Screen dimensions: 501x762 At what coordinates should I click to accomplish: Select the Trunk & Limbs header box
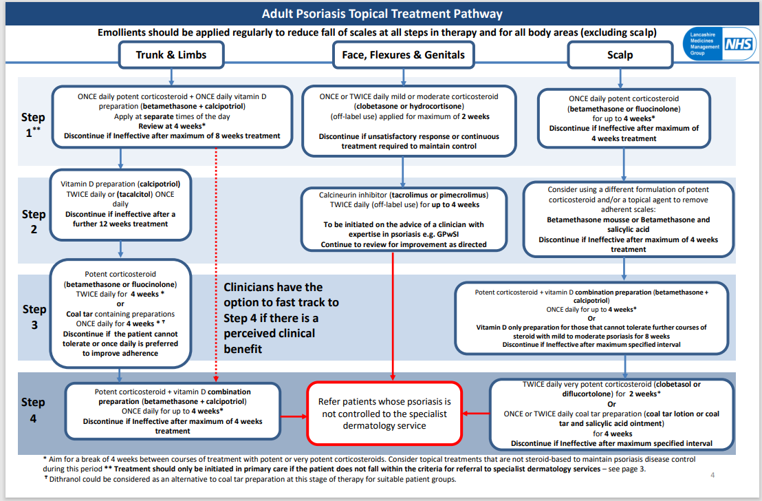pos(171,55)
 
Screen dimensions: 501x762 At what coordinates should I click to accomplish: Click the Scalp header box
pos(620,55)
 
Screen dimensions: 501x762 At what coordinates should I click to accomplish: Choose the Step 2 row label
pos(34,221)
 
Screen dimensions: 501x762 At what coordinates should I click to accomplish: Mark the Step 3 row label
pos(34,316)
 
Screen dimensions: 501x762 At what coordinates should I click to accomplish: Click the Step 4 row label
pos(34,409)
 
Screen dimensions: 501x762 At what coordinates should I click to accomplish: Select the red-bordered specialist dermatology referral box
pos(384,413)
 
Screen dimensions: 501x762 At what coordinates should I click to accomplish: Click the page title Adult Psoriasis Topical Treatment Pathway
pos(382,14)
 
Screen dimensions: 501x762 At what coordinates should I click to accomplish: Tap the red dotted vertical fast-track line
pos(217,262)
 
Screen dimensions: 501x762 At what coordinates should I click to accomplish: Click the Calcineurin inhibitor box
pos(404,220)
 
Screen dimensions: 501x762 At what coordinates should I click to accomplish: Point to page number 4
pos(712,474)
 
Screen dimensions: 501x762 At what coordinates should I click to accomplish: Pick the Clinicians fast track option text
pos(281,318)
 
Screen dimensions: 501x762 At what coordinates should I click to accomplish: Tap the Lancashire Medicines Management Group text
pos(702,43)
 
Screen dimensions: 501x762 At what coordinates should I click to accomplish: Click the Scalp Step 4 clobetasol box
pos(611,414)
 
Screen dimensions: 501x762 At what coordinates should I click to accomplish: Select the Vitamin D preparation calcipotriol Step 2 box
pos(121,204)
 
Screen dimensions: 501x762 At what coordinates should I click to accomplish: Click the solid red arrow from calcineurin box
pos(393,317)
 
